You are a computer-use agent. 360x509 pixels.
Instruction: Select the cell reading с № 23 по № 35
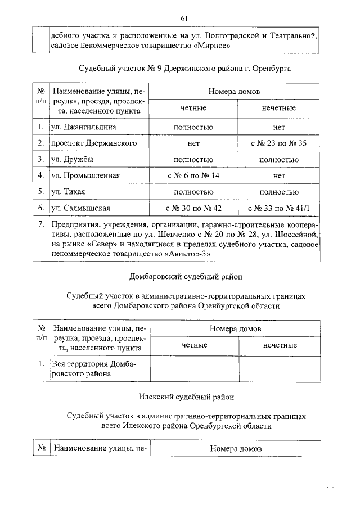coord(278,143)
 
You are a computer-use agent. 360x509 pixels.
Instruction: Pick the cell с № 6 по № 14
coord(193,176)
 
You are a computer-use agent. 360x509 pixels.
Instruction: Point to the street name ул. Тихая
coord(68,192)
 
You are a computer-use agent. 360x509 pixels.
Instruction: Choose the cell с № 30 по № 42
coord(193,209)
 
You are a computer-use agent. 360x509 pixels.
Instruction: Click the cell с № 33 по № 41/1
coord(278,209)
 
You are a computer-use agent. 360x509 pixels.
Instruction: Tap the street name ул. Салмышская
coord(76,209)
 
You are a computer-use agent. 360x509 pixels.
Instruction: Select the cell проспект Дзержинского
coord(94,143)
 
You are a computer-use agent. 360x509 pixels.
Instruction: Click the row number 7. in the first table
coord(41,225)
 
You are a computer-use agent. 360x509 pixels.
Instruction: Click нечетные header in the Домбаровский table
coord(280,345)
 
